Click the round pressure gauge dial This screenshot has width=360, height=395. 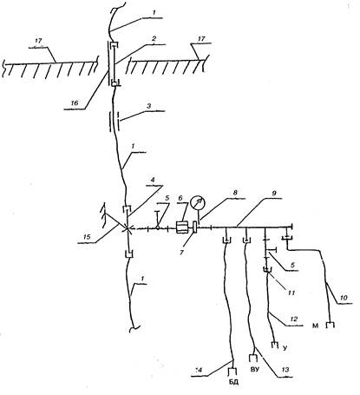pos(198,203)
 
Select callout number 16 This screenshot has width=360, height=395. pos(75,103)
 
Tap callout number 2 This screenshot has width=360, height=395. pos(154,38)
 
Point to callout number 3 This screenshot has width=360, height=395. pos(148,106)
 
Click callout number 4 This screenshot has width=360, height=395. pos(153,180)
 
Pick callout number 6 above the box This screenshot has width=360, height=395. pos(181,198)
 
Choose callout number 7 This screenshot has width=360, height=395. pos(181,253)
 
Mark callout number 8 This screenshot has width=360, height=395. pos(235,193)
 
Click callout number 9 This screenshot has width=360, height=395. pos(272,193)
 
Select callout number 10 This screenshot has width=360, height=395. pos(344,298)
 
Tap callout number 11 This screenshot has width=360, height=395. pos(291,293)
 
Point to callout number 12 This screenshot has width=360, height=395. pos(293,319)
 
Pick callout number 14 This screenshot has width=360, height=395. pos(199,370)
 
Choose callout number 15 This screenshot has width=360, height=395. pos(87,236)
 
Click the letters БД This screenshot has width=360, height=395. pos(234,382)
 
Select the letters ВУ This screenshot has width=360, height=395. pos(254,370)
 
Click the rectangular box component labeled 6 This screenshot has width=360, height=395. pos(182,227)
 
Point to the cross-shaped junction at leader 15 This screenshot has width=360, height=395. pos(127,228)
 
